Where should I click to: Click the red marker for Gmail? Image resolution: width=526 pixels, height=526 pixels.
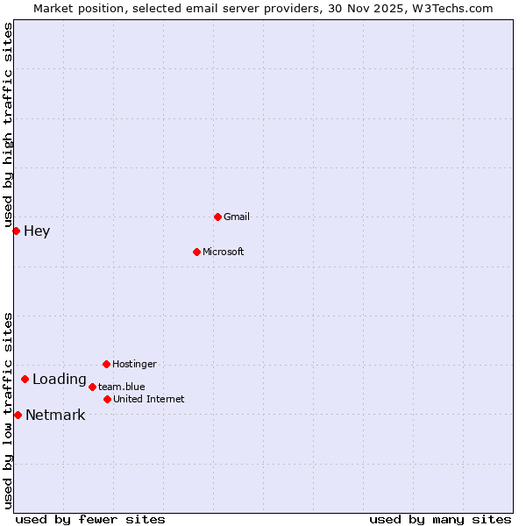point(217,217)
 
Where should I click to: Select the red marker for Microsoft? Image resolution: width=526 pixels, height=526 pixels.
point(196,252)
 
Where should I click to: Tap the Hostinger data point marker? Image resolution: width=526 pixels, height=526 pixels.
point(106,364)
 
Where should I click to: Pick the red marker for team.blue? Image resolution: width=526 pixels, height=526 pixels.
point(92,387)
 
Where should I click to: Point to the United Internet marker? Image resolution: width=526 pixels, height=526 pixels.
point(107,399)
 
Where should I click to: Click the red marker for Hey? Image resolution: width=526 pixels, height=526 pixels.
point(16,231)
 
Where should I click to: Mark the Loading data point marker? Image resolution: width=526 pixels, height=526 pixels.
point(25,379)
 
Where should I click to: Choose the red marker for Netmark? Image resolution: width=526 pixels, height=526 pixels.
point(18,415)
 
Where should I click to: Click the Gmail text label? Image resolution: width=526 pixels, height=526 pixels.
point(237,217)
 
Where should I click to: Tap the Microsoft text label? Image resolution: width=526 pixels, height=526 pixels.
point(224,252)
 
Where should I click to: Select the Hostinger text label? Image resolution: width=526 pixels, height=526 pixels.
point(134,364)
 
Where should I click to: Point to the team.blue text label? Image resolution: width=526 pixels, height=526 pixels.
point(122,387)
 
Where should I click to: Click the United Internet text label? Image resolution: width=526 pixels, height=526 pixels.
point(149,399)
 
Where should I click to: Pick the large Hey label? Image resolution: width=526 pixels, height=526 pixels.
point(37,231)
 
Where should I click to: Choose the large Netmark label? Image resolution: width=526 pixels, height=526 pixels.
point(55,416)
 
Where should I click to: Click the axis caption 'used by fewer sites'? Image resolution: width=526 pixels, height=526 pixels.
point(90,519)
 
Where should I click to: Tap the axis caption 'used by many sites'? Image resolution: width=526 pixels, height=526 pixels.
point(440,519)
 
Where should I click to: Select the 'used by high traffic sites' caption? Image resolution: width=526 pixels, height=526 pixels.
point(8,124)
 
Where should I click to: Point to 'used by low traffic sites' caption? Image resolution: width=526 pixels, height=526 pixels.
point(8,410)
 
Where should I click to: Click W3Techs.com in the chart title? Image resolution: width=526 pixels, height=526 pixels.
point(453,8)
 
